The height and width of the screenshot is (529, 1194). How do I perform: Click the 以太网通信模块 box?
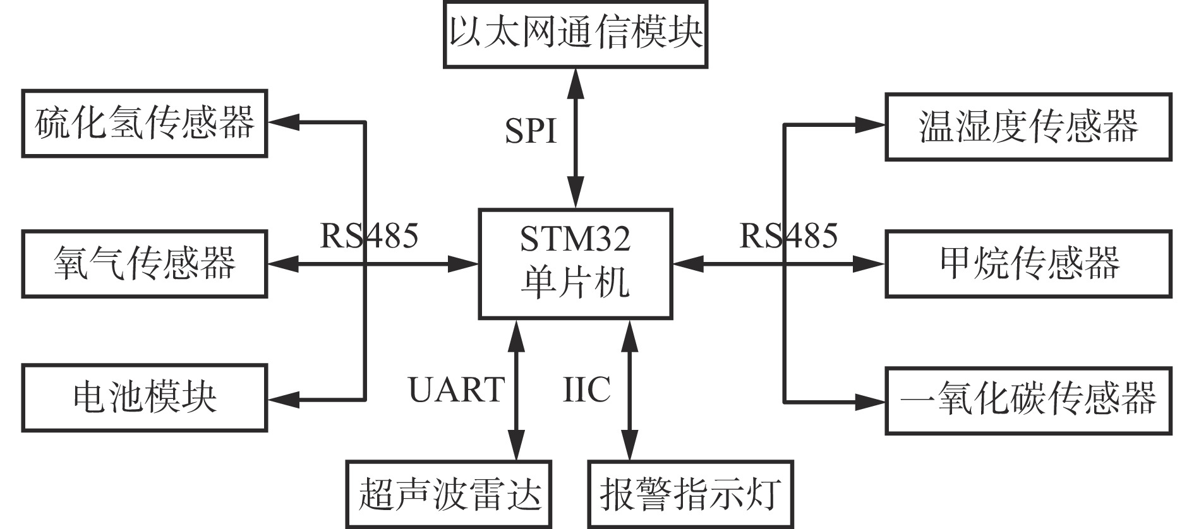pos(576,33)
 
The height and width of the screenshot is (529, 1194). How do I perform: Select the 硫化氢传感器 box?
pos(145,123)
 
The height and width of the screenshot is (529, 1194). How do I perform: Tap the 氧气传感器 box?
pos(145,264)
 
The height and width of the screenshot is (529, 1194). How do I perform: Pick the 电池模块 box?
pos(145,398)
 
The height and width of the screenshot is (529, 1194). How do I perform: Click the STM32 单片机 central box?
pos(575,264)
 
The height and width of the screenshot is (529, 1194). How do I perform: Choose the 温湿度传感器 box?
pos(1028,126)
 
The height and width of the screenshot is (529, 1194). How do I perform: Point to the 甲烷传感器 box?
pos(1028,264)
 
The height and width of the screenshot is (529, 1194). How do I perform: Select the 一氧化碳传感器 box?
pos(1028,401)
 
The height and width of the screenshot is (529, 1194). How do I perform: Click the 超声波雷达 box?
pos(449,494)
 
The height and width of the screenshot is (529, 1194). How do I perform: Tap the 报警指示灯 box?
pos(690,494)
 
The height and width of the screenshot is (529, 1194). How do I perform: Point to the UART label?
pos(456,389)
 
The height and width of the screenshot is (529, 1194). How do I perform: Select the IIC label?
pos(586,389)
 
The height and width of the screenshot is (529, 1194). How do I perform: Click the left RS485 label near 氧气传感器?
pos(369,236)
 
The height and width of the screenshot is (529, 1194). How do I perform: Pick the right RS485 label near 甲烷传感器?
pos(788,236)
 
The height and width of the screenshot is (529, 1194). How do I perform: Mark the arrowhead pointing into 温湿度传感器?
pos(871,125)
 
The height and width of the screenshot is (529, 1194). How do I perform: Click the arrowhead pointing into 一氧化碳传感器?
pos(871,401)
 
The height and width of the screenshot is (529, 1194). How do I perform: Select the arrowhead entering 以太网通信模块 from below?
pos(576,81)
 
